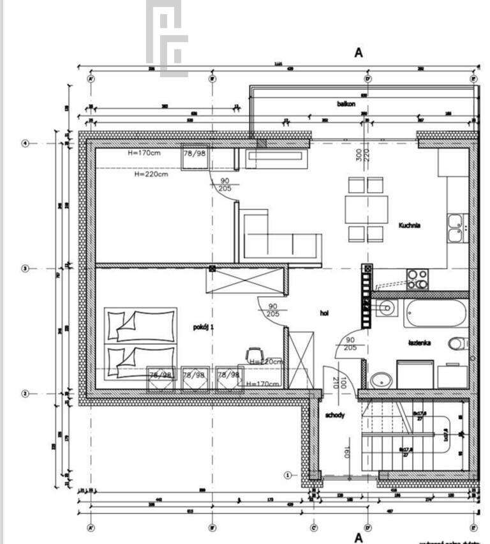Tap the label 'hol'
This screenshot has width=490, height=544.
pyautogui.click(x=324, y=313)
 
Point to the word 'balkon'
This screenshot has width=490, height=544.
pyautogui.click(x=346, y=103)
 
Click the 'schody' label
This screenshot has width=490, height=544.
pyautogui.click(x=335, y=416)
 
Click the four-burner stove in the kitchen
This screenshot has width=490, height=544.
pyautogui.click(x=417, y=276)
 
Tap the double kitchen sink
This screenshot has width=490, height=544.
pyautogui.click(x=456, y=228)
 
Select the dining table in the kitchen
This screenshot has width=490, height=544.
pyautogui.click(x=366, y=208)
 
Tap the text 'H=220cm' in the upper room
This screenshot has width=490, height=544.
pyautogui.click(x=151, y=174)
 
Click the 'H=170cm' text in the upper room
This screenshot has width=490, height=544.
pyautogui.click(x=144, y=153)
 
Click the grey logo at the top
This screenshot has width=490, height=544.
pyautogui.click(x=167, y=38)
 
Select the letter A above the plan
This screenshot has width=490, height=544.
pyautogui.click(x=359, y=53)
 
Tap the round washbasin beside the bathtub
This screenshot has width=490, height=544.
pyautogui.click(x=386, y=310)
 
